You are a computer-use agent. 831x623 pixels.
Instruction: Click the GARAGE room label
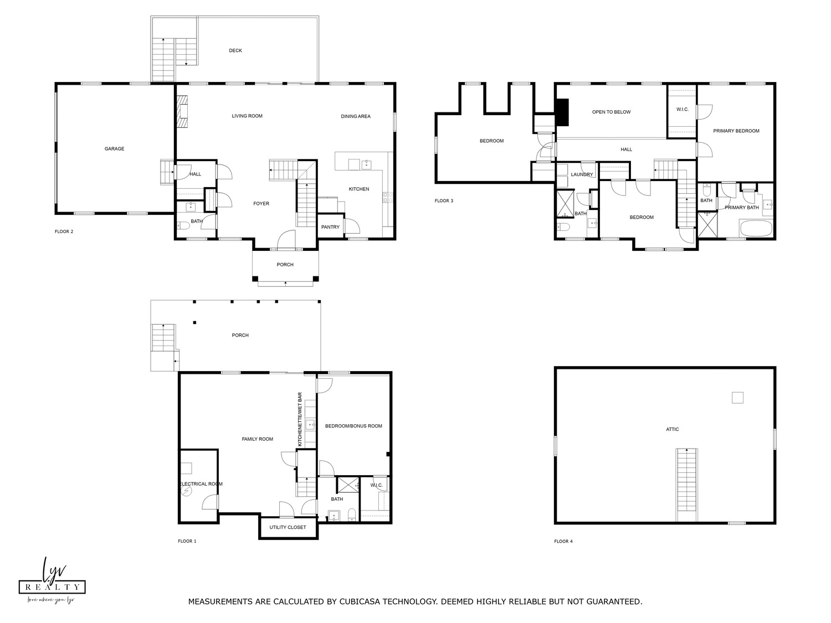tap(114, 148)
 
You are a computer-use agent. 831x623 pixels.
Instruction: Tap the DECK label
tap(235, 50)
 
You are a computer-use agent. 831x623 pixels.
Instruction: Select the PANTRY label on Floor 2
tap(330, 227)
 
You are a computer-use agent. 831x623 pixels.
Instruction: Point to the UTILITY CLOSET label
tap(288, 527)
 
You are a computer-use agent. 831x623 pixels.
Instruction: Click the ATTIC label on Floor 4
tap(673, 429)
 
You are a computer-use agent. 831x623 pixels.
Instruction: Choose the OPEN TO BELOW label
tap(612, 112)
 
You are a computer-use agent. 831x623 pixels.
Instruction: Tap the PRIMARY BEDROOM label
tap(736, 131)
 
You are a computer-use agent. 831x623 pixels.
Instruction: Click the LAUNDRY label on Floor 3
tap(582, 174)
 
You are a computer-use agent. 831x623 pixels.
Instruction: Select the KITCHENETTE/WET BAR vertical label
tap(300, 419)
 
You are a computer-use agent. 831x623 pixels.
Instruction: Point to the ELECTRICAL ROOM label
tap(201, 484)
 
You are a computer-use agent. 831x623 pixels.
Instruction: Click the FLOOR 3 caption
tap(444, 200)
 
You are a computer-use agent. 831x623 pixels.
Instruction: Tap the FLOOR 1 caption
tap(187, 541)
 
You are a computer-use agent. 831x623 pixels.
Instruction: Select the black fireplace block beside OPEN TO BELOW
tap(562, 112)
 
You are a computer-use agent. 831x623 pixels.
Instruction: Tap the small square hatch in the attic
tap(737, 398)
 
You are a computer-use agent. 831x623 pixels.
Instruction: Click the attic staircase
tap(687, 485)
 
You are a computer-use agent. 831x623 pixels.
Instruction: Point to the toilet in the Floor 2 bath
tap(183, 226)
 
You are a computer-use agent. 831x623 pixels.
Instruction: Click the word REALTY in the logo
tap(52, 586)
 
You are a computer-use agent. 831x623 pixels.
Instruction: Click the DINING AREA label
tap(356, 116)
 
